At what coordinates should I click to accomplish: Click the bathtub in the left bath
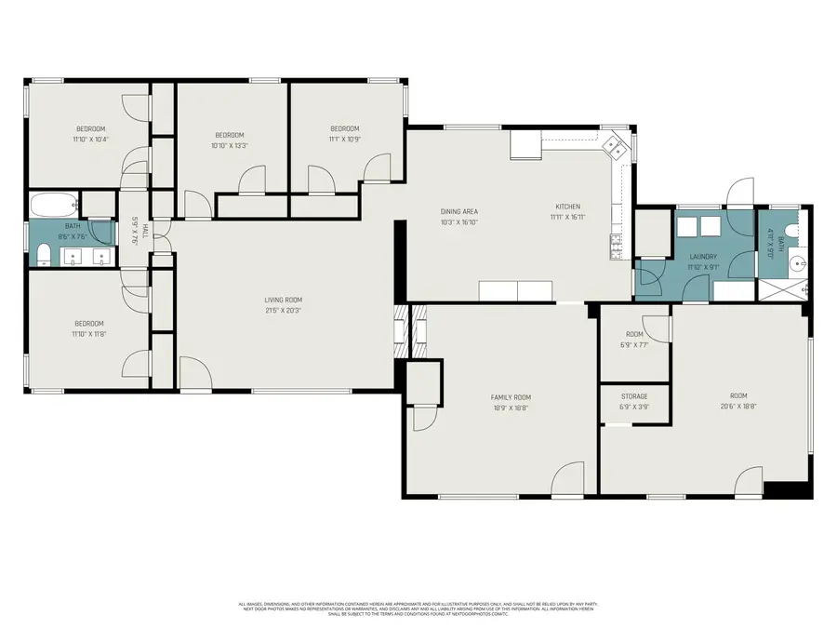tap(54, 205)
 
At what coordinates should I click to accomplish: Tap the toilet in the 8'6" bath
tap(42, 253)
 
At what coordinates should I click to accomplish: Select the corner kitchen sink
tap(613, 147)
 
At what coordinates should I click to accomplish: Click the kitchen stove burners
tap(615, 247)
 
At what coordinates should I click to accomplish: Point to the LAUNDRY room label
tap(702, 256)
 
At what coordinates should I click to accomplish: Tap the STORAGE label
tap(634, 396)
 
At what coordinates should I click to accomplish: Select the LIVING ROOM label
tap(284, 300)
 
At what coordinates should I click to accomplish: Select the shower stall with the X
tap(782, 289)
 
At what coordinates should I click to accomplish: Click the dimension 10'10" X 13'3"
tap(229, 145)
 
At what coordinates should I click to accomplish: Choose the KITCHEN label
tap(568, 207)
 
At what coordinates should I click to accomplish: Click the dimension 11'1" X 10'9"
tap(344, 139)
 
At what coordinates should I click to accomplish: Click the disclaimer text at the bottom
tap(418, 609)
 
